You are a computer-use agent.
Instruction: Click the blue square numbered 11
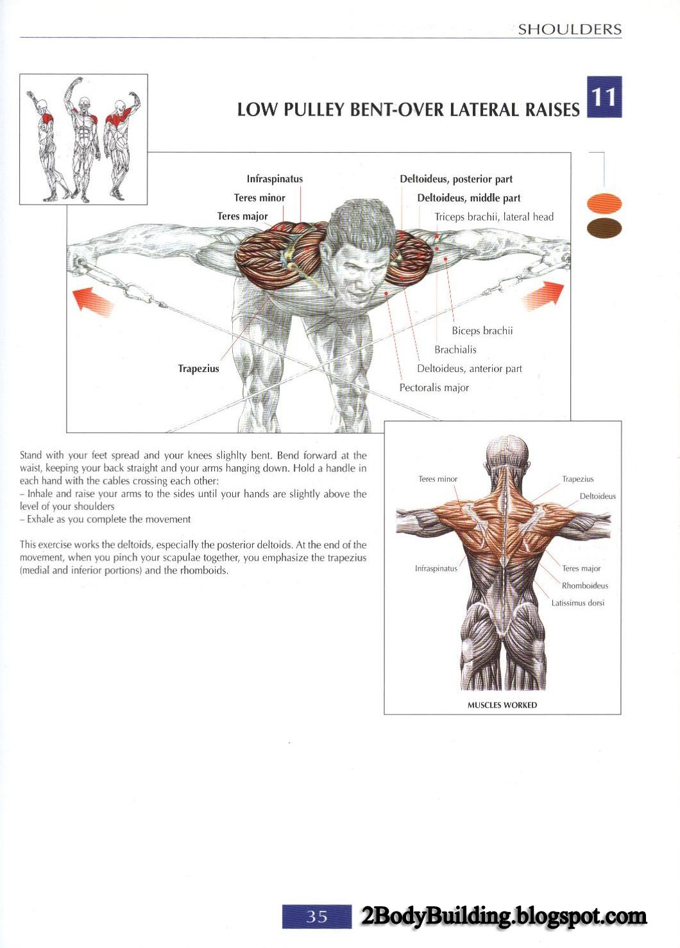click(604, 97)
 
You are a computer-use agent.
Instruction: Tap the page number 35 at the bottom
click(317, 917)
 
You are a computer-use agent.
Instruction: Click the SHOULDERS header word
click(570, 30)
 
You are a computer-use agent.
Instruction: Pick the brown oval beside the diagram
click(605, 228)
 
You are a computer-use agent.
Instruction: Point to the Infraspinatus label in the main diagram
click(275, 179)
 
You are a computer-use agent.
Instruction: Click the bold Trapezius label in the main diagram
click(199, 368)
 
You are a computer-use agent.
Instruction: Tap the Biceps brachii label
click(482, 330)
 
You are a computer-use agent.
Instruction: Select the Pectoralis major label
click(434, 387)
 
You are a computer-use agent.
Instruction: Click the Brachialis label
click(455, 350)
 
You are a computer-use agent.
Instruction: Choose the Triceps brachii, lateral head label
click(494, 217)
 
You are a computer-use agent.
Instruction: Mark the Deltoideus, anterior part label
click(470, 369)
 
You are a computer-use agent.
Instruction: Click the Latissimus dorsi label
click(577, 603)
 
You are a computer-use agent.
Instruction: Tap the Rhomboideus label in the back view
click(584, 586)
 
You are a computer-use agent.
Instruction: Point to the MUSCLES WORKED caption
click(502, 705)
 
